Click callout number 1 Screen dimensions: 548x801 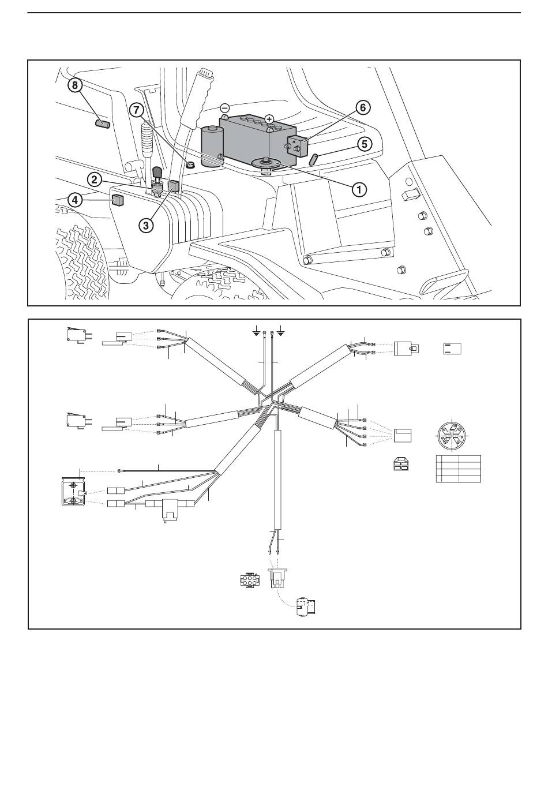pos(359,189)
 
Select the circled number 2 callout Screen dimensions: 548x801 pos(95,179)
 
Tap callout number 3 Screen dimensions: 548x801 pos(146,225)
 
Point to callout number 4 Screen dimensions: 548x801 pos(75,200)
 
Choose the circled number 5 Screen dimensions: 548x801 pos(364,144)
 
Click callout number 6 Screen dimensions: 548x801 pos(363,107)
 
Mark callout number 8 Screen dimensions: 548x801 pos(75,85)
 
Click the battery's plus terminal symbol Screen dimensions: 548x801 pos(269,119)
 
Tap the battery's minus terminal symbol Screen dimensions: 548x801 pos(224,107)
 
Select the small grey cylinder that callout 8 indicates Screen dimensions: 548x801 pos(103,125)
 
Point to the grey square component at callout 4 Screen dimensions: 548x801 pos(118,200)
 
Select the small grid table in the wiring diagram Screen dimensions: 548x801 pos(458,469)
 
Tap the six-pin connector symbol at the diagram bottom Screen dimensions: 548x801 pos(250,580)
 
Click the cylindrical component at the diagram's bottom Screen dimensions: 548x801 pos(306,607)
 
